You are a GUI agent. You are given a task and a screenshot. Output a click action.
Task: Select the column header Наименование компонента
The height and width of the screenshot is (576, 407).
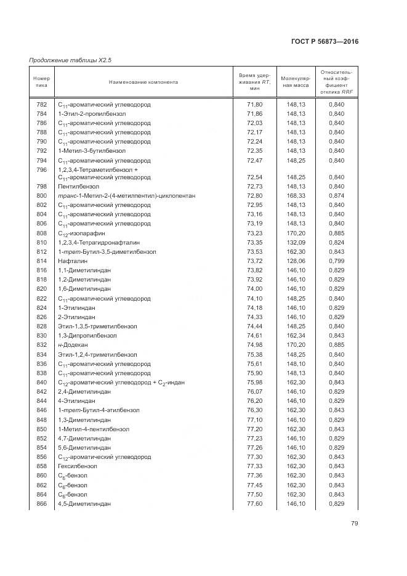coord(143,81)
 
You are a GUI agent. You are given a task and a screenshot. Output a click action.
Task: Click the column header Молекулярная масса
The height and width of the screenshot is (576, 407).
coord(296,82)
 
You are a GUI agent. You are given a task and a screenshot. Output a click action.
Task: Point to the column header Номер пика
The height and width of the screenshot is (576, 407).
coord(41,81)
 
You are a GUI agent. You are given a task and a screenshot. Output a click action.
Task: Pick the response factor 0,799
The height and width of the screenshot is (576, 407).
coord(336,261)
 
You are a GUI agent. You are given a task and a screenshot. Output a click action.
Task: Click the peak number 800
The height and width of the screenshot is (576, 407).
coord(41,195)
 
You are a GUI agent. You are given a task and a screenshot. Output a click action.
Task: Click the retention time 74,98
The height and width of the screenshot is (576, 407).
coord(255,345)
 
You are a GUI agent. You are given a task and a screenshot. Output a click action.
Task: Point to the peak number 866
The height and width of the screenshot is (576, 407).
coord(41,504)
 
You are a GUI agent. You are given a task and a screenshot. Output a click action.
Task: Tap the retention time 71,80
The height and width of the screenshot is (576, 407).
coord(255,105)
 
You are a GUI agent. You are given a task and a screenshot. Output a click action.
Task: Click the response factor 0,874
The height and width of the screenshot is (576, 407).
coord(336,195)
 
